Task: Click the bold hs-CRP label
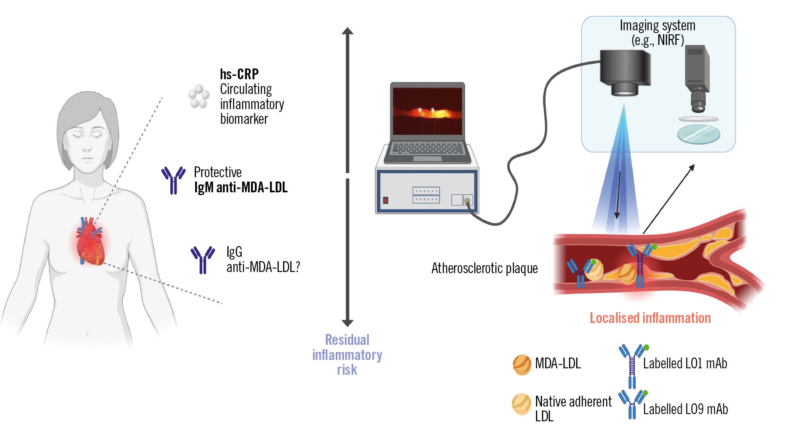(x=239, y=74)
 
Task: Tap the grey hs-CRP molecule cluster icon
(x=199, y=96)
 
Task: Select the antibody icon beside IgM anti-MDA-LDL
(x=173, y=180)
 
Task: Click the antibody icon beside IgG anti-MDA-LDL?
(x=203, y=260)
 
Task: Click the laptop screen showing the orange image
(x=427, y=111)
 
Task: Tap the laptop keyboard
(x=427, y=148)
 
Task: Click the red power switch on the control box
(x=385, y=200)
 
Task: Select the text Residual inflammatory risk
(x=347, y=354)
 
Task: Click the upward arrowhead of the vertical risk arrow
(x=348, y=31)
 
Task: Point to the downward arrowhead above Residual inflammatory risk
(x=348, y=323)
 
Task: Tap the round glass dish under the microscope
(x=698, y=134)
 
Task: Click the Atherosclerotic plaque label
(x=485, y=268)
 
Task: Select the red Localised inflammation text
(x=650, y=318)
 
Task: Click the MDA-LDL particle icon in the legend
(x=522, y=364)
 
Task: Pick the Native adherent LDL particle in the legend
(x=521, y=404)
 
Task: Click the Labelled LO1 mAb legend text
(x=685, y=364)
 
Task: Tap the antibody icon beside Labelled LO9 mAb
(x=632, y=403)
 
